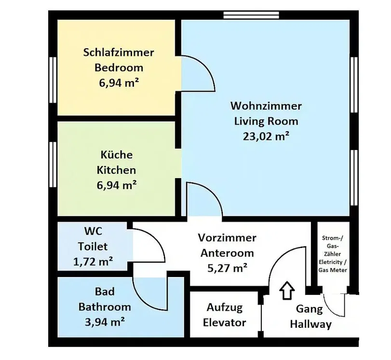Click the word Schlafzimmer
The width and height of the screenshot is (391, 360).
[119, 53]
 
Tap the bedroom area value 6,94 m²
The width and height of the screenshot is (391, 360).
[119, 83]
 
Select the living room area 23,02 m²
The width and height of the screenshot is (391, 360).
[266, 136]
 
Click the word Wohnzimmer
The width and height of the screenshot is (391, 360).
[266, 106]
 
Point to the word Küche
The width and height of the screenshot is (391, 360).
[117, 154]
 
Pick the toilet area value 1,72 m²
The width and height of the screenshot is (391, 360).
[93, 262]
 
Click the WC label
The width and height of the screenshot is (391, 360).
[93, 231]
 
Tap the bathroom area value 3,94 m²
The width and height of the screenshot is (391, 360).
[105, 322]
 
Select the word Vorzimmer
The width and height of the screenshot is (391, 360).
[227, 238]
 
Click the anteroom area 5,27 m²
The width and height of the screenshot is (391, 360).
[227, 268]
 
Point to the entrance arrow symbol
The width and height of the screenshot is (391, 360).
[287, 291]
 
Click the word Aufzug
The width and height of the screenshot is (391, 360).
[224, 307]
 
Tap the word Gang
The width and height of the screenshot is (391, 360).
[309, 309]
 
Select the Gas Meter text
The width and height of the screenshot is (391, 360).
[333, 270]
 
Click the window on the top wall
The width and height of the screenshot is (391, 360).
[251, 15]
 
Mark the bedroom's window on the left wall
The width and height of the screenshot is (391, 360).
[53, 80]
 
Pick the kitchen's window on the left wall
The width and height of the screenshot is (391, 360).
[53, 164]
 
